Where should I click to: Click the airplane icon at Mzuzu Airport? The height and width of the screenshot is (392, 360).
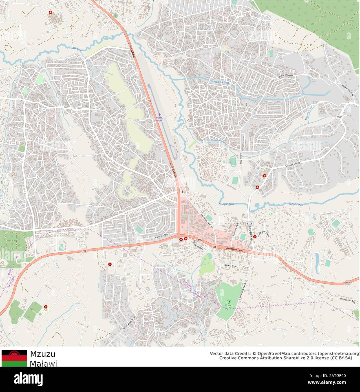click(x=160, y=114)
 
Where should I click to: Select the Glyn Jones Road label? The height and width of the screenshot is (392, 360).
click(x=234, y=249)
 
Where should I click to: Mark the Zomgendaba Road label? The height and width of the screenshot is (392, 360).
click(x=349, y=299)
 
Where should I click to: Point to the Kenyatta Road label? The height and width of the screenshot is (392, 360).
click(x=251, y=233)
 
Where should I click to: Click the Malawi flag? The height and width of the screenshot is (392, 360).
click(x=14, y=358)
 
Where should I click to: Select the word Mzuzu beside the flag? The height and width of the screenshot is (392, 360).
click(x=43, y=354)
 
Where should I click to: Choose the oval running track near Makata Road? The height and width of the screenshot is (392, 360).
click(x=233, y=162)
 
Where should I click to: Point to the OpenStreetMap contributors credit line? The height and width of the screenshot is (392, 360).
click(x=285, y=353)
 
